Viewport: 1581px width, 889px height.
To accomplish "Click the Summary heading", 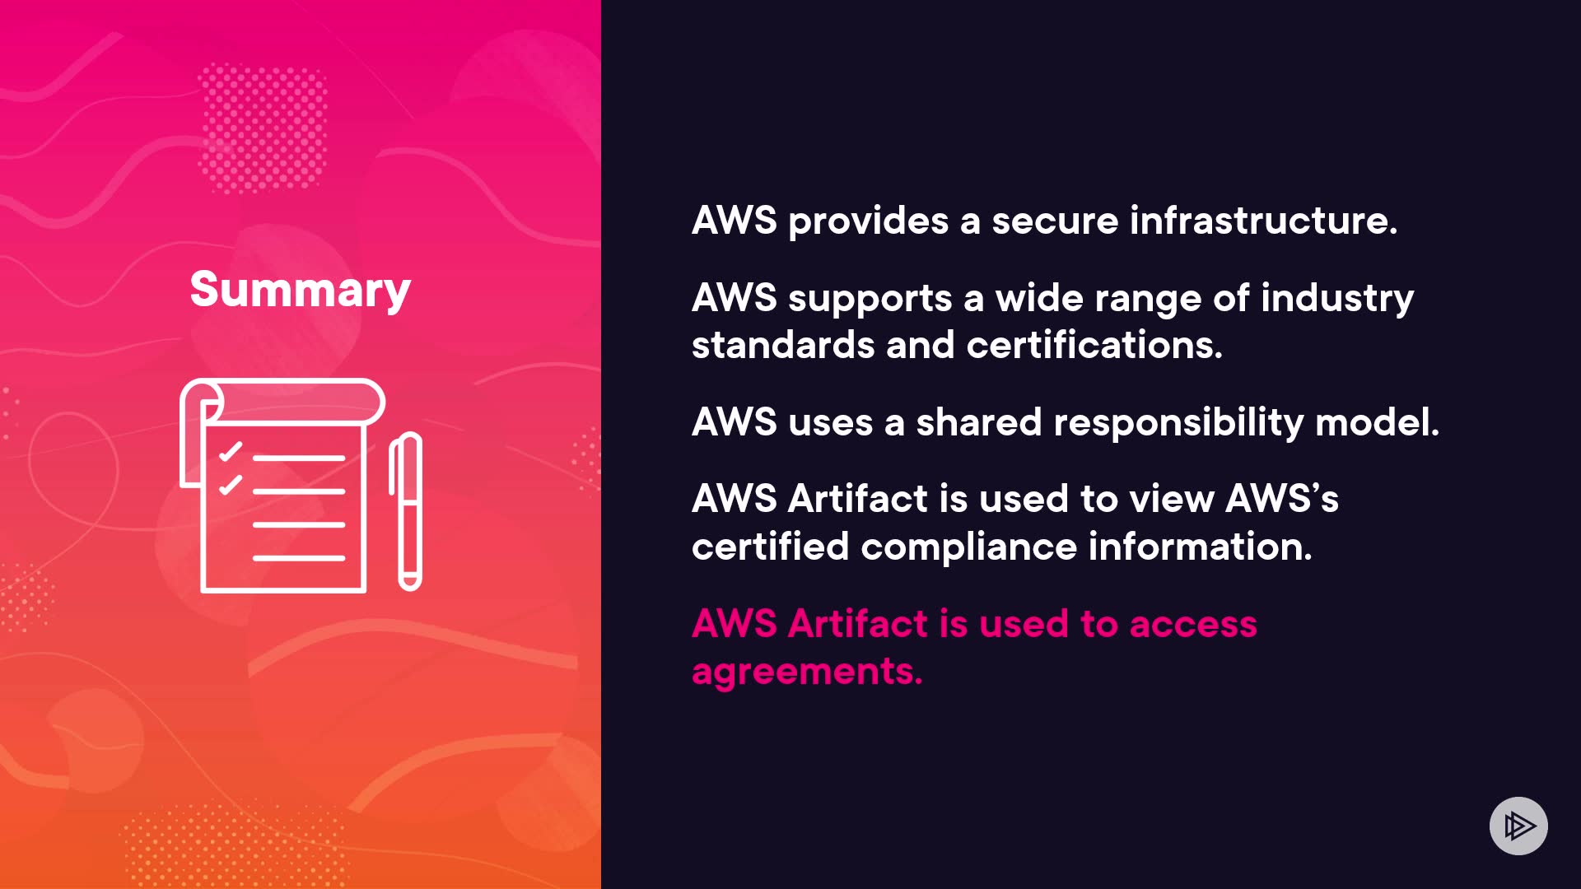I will tap(300, 291).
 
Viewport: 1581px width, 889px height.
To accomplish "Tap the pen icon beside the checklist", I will tap(406, 511).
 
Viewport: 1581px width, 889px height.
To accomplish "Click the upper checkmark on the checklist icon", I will tap(230, 452).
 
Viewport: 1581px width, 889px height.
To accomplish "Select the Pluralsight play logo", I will tap(1518, 826).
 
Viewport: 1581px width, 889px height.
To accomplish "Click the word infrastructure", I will tap(1263, 221).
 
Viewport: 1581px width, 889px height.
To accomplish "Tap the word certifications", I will tap(1094, 345).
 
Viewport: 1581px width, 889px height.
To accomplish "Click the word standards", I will tap(782, 345).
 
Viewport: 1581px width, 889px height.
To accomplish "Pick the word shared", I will tap(979, 422).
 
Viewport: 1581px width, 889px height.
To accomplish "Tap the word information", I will tap(1200, 547).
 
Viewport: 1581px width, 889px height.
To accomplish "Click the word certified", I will tap(770, 547).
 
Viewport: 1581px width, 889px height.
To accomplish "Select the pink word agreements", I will tap(807, 672).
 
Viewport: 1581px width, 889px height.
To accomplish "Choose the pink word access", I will tap(1193, 624).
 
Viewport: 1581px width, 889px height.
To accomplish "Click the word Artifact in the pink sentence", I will tap(858, 624).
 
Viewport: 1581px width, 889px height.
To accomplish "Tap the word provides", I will tap(868, 221).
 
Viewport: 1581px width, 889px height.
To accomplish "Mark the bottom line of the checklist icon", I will tap(298, 558).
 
